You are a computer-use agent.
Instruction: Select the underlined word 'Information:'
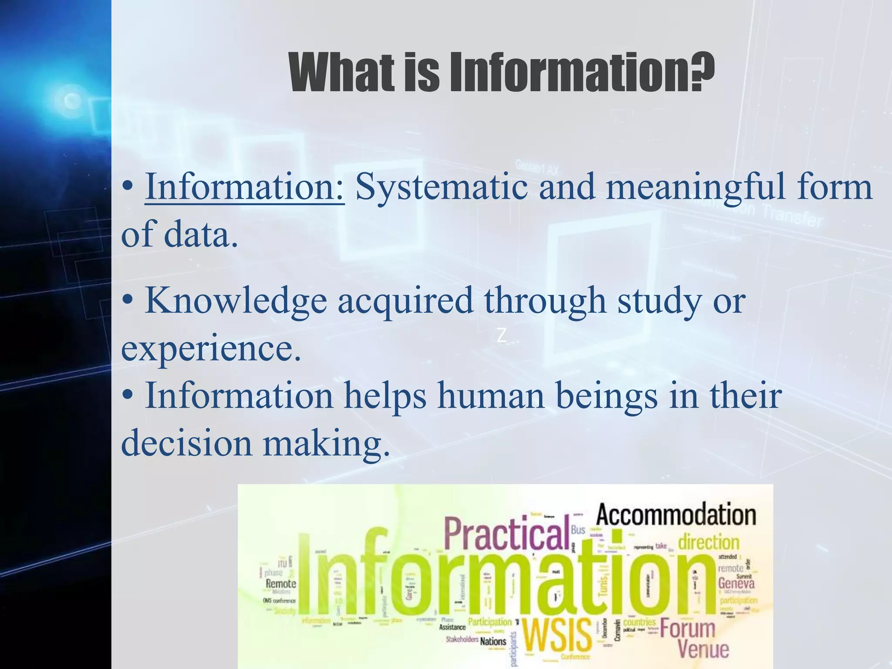click(x=245, y=187)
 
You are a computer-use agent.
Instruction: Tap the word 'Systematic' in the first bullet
click(x=441, y=187)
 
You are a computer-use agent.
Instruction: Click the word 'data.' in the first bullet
click(x=201, y=234)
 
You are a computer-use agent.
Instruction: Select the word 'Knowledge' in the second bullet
click(x=236, y=300)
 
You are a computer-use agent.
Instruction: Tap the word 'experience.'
click(x=211, y=348)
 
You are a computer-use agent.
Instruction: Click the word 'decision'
click(x=186, y=443)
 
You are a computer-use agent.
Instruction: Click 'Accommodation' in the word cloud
click(x=676, y=514)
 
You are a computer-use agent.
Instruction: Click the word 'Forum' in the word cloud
click(x=687, y=628)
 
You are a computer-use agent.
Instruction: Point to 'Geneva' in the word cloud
click(x=736, y=583)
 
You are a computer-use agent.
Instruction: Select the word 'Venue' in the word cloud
click(x=703, y=649)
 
